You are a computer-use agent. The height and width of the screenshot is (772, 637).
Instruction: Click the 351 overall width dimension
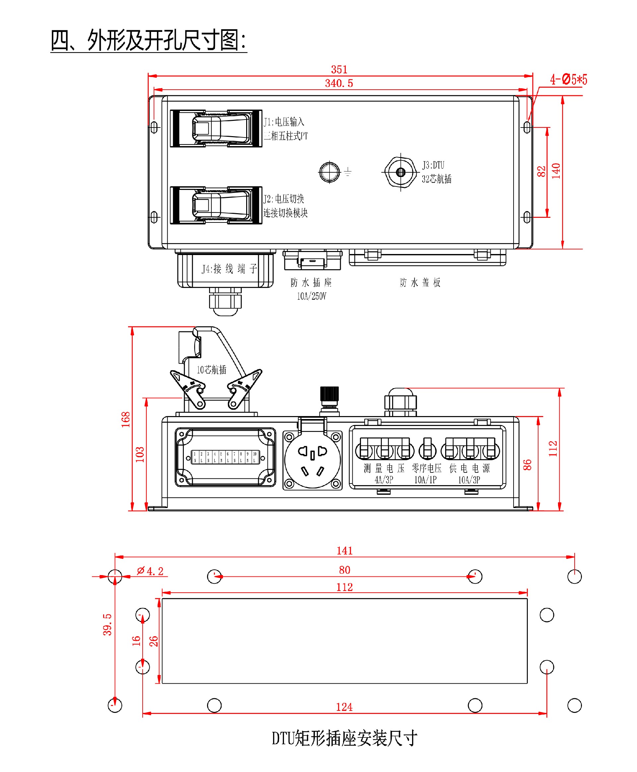339,69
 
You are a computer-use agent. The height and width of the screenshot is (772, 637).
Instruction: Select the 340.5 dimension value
339,83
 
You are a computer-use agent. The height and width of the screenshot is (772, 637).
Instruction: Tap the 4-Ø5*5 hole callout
568,79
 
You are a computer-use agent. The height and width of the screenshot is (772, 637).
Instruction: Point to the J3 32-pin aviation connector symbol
400,172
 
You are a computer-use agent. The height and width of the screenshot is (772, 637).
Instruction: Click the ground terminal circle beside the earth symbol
329,172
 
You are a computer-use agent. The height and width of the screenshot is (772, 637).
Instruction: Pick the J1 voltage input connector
216,128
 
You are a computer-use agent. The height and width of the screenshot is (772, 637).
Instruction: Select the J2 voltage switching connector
216,205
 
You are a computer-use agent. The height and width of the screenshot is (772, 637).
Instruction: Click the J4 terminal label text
229,269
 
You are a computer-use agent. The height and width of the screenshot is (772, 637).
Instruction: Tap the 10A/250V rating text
311,297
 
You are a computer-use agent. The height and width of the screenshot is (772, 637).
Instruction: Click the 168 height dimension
126,419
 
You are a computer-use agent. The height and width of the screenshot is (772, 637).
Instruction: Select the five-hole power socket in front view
312,460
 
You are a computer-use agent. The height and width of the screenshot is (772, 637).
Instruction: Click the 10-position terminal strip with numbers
225,457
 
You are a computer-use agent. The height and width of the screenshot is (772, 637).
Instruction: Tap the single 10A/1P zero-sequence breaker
427,449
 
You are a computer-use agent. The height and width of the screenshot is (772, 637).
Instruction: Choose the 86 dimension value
527,465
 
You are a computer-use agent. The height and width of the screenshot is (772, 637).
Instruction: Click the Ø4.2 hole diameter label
150,571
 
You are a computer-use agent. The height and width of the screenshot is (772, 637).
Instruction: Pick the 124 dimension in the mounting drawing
344,707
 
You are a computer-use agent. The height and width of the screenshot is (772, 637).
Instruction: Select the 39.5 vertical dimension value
107,624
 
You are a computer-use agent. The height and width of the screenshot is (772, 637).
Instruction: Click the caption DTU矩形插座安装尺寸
344,738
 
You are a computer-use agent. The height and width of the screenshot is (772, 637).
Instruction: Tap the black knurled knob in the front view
329,393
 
